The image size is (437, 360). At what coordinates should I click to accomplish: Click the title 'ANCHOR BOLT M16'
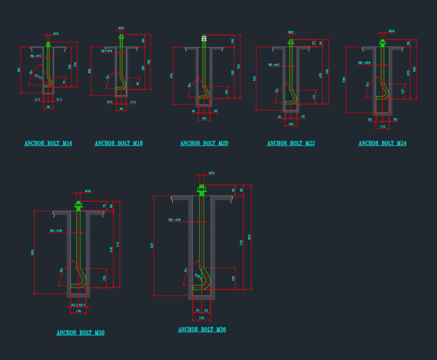coord(48,143)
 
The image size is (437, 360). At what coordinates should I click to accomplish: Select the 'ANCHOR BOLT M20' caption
coord(204,143)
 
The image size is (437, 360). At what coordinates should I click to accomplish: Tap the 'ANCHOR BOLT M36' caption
coord(202,330)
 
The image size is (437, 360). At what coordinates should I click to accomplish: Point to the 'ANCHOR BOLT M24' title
coord(382,143)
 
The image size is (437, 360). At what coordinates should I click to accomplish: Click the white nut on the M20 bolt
coord(204,39)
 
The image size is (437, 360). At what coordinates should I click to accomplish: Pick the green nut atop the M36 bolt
coord(201,189)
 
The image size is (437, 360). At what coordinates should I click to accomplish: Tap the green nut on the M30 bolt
coord(78,205)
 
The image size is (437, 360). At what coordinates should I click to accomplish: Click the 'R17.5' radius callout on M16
coord(38,77)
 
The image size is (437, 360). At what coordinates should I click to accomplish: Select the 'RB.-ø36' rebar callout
coord(175,220)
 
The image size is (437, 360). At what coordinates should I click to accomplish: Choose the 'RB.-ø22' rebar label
coord(274,65)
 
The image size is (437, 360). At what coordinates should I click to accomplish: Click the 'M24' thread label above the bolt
coord(392,31)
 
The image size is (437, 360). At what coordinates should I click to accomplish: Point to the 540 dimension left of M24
coord(344,79)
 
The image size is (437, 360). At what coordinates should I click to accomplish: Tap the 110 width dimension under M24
coord(382,127)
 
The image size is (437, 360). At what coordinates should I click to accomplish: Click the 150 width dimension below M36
coord(201,318)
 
